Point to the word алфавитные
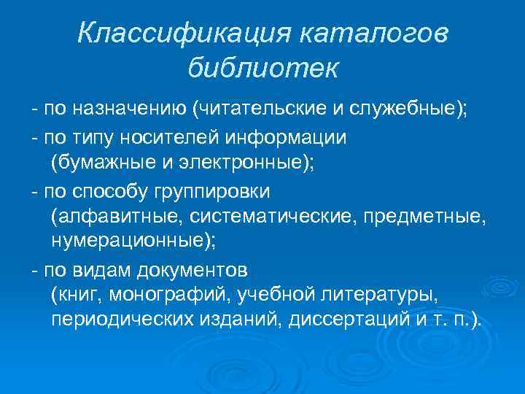coord(117,217)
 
